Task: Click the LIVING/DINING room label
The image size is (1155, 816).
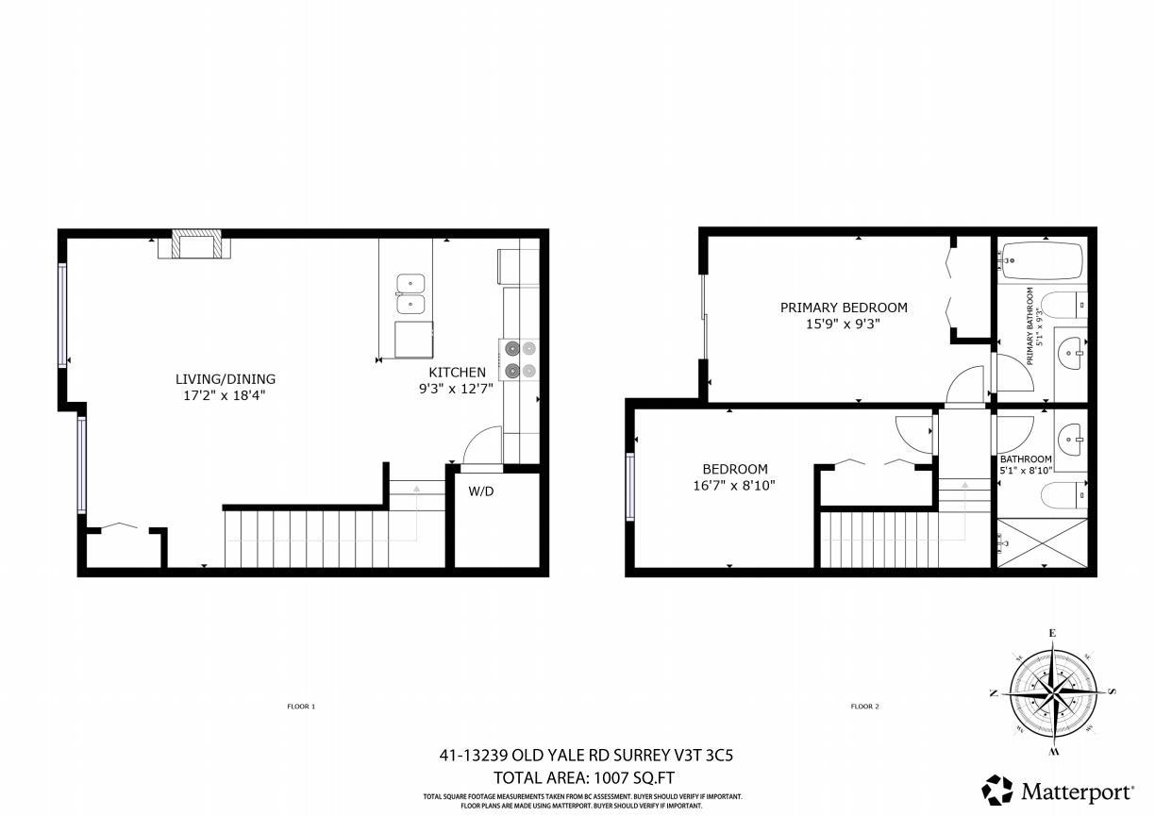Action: tap(226, 379)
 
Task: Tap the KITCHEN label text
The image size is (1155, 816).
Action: tap(458, 373)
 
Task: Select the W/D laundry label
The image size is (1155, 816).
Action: tap(481, 491)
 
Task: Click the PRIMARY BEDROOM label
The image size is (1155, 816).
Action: tap(844, 308)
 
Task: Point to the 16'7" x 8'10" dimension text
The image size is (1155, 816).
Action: tap(734, 486)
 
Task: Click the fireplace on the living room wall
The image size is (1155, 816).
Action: tap(196, 245)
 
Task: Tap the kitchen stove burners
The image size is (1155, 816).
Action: tap(520, 358)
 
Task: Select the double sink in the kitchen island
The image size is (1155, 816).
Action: tap(410, 293)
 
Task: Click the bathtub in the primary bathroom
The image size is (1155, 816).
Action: tap(1042, 259)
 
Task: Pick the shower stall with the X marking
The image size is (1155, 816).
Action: tap(1042, 542)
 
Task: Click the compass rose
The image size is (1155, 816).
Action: tap(1052, 691)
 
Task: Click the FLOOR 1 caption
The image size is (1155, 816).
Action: tap(301, 707)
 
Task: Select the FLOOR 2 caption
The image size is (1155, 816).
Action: tap(864, 707)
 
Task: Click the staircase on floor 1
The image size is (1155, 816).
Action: tap(307, 538)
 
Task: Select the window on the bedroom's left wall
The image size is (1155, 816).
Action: tap(630, 487)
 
